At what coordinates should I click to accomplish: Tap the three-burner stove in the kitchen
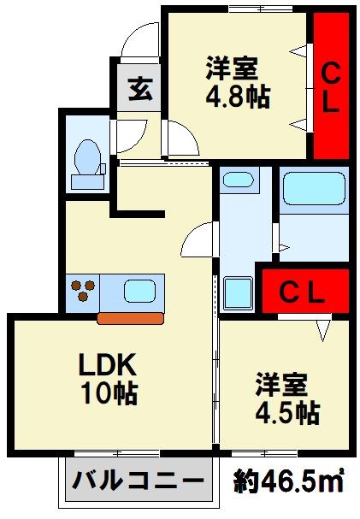[83, 291]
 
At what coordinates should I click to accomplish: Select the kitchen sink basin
[139, 291]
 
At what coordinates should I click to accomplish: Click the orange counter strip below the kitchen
[130, 318]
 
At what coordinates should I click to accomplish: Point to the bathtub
[314, 188]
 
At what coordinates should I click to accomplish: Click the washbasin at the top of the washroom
[239, 180]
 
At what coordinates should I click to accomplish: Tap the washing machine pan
[239, 292]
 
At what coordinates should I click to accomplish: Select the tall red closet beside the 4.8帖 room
[331, 86]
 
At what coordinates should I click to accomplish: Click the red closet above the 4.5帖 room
[305, 292]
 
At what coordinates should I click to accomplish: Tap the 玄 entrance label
[140, 89]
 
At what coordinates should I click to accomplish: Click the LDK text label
[108, 364]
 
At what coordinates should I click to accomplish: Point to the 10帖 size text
[109, 393]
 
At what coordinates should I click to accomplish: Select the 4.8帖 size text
[239, 97]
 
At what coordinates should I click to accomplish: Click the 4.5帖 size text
[287, 413]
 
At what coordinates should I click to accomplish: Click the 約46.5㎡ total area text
[288, 481]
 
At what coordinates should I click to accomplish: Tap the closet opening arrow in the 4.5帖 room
[323, 330]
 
